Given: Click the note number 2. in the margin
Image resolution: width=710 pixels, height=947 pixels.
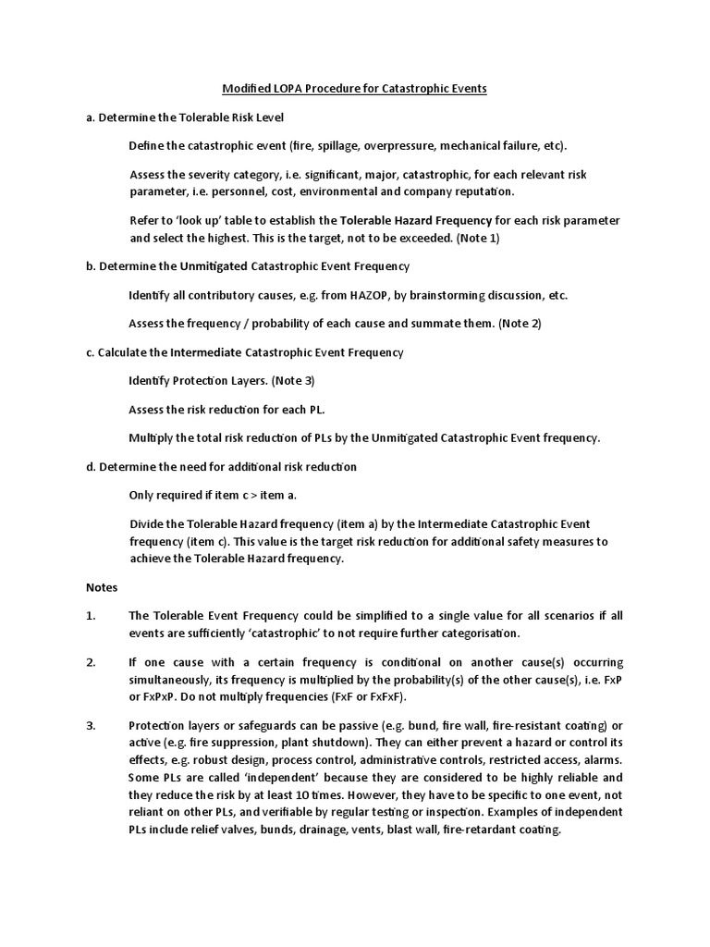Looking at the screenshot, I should [x=91, y=663].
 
